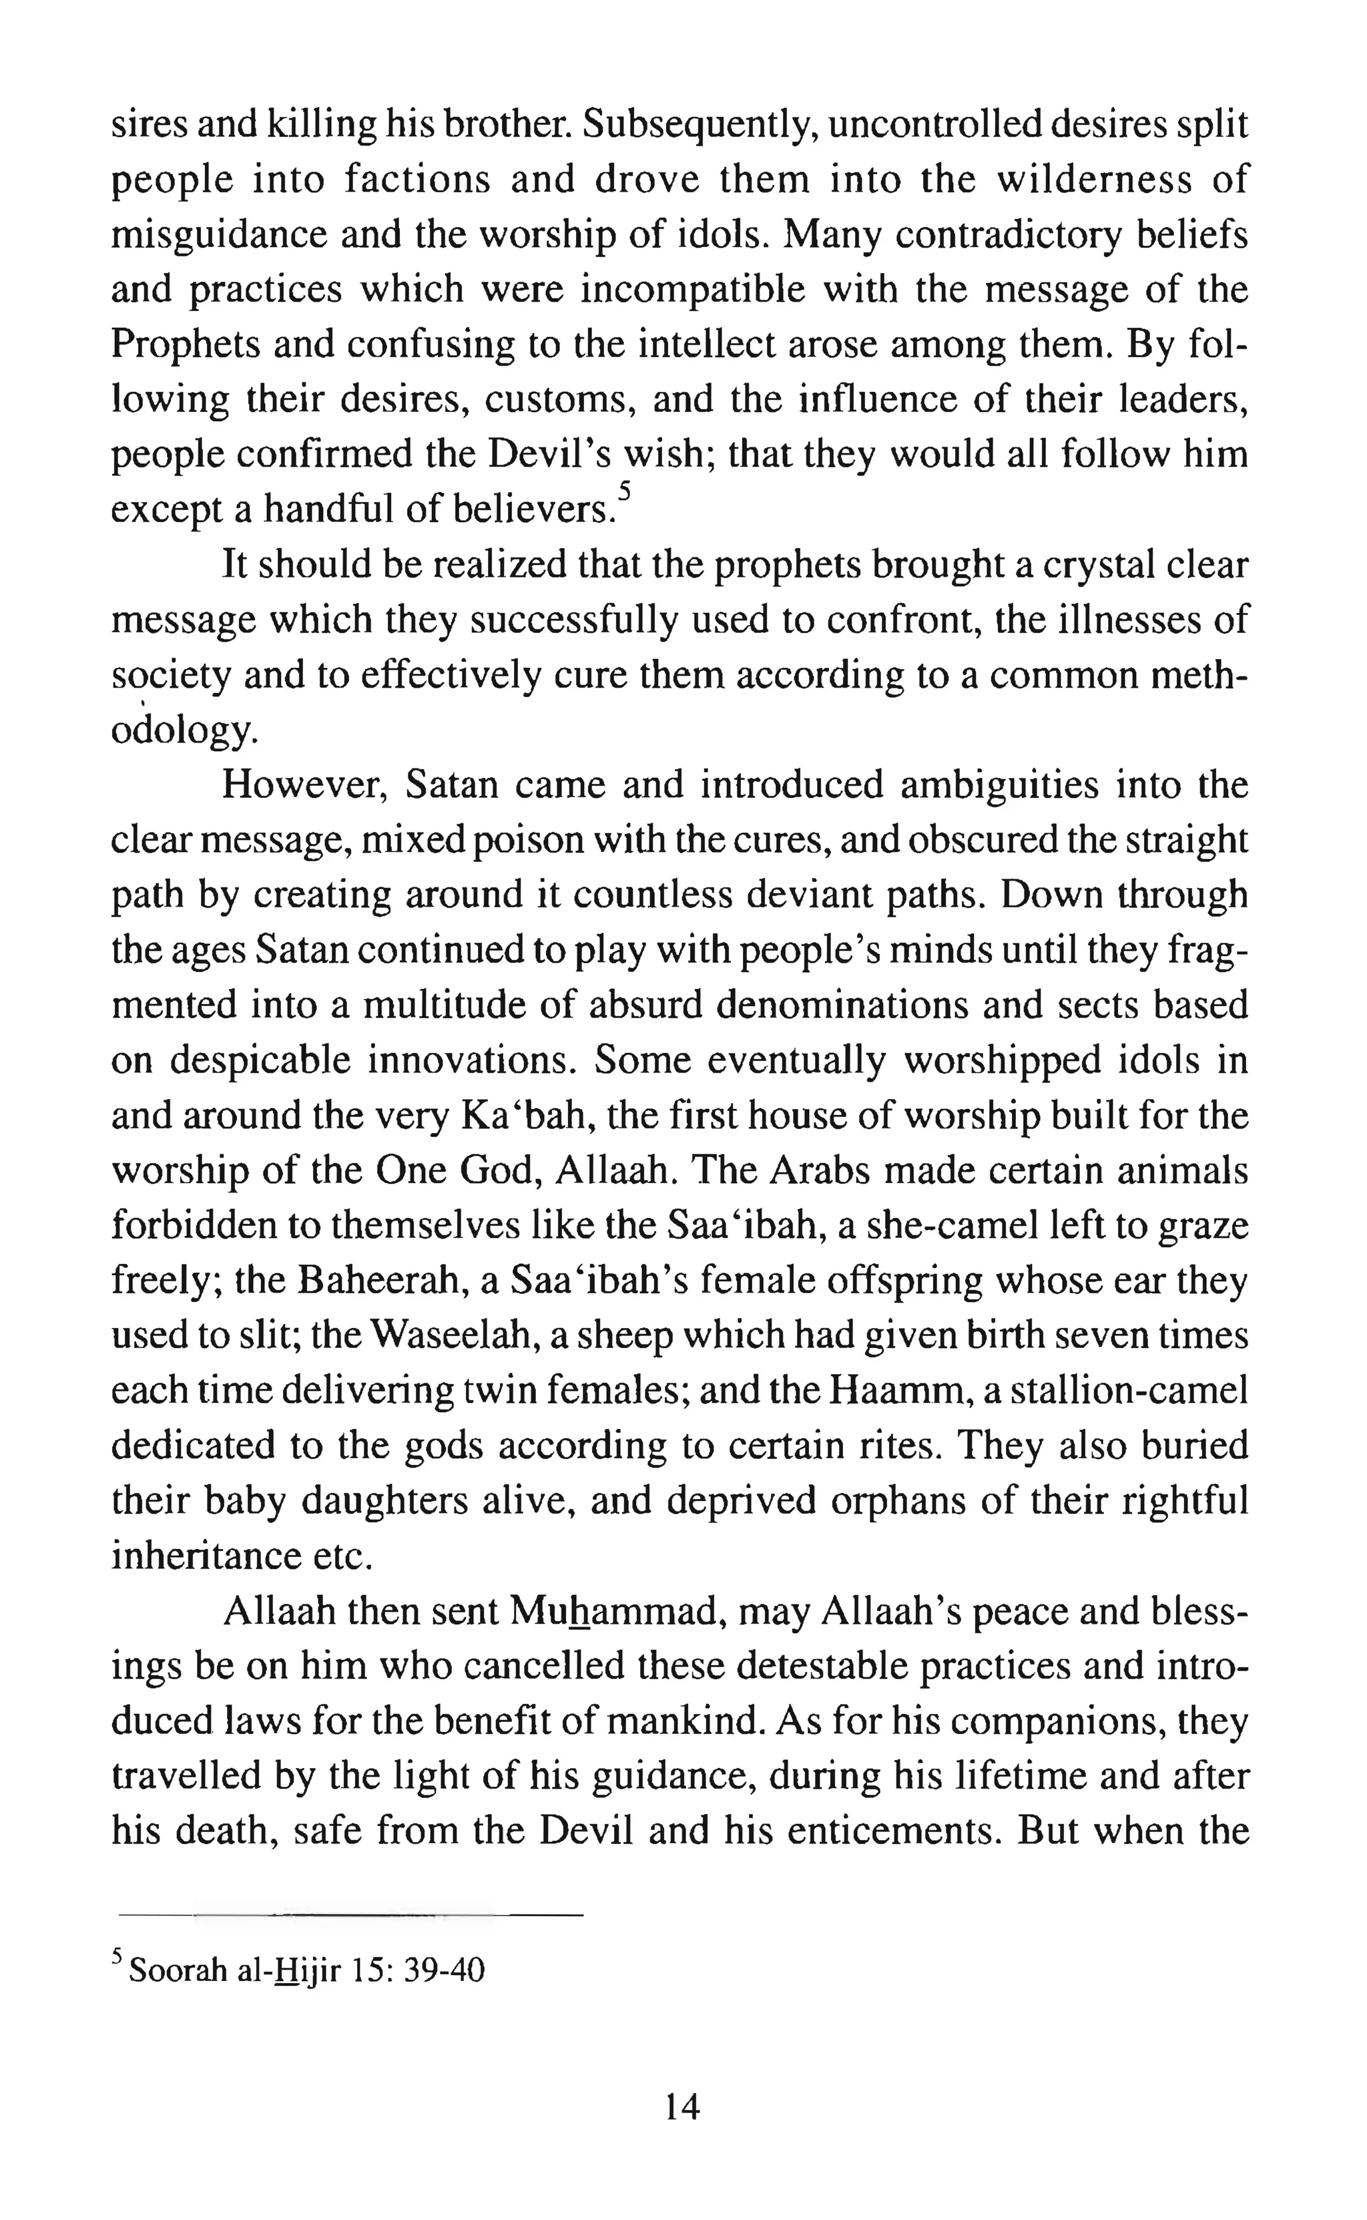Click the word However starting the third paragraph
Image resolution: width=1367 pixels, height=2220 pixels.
coord(306,785)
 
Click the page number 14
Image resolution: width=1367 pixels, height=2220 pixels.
coord(683,2108)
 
